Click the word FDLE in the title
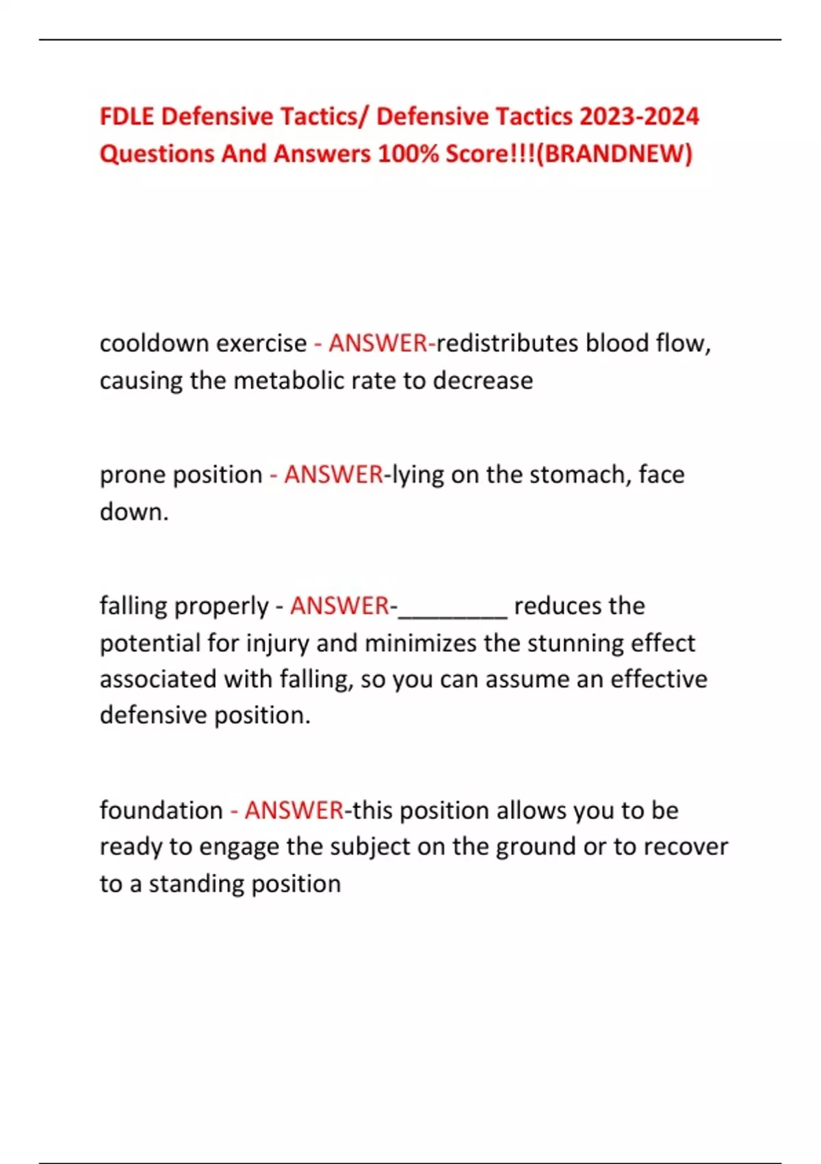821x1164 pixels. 127,116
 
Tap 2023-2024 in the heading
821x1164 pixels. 639,116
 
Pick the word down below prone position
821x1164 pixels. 133,511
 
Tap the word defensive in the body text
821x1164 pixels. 153,716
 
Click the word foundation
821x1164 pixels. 161,811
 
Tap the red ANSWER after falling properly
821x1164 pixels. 339,606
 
